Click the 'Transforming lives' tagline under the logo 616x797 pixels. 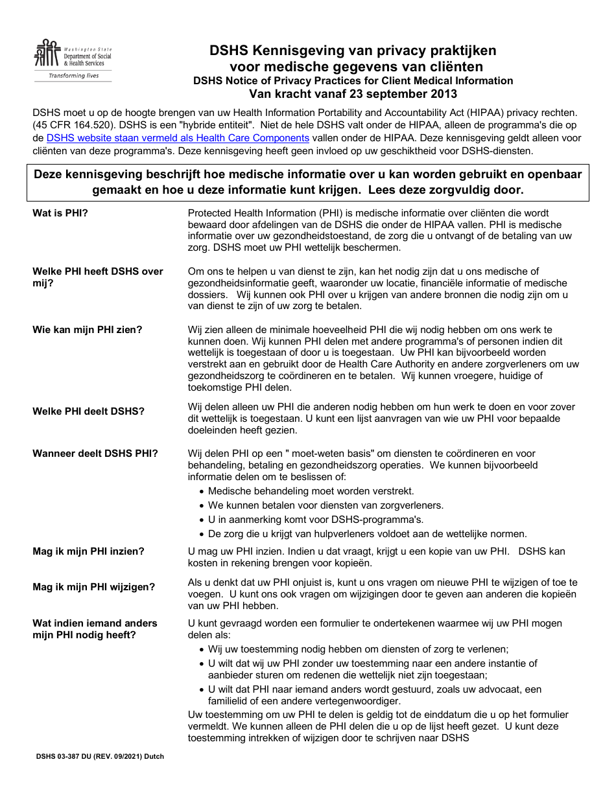pyautogui.click(x=75, y=76)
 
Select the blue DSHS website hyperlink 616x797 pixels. pyautogui.click(x=178, y=138)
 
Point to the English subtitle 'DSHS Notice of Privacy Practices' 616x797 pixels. pyautogui.click(x=353, y=81)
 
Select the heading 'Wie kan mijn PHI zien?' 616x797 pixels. pyautogui.click(x=87, y=330)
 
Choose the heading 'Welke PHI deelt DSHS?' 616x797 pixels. pyautogui.click(x=88, y=411)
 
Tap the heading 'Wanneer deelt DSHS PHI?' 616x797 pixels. pyautogui.click(x=95, y=454)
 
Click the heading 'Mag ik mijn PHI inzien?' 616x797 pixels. pyautogui.click(x=88, y=551)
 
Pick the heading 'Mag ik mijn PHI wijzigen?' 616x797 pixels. pyautogui.click(x=93, y=587)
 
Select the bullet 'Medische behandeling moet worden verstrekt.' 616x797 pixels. pyautogui.click(x=311, y=491)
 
